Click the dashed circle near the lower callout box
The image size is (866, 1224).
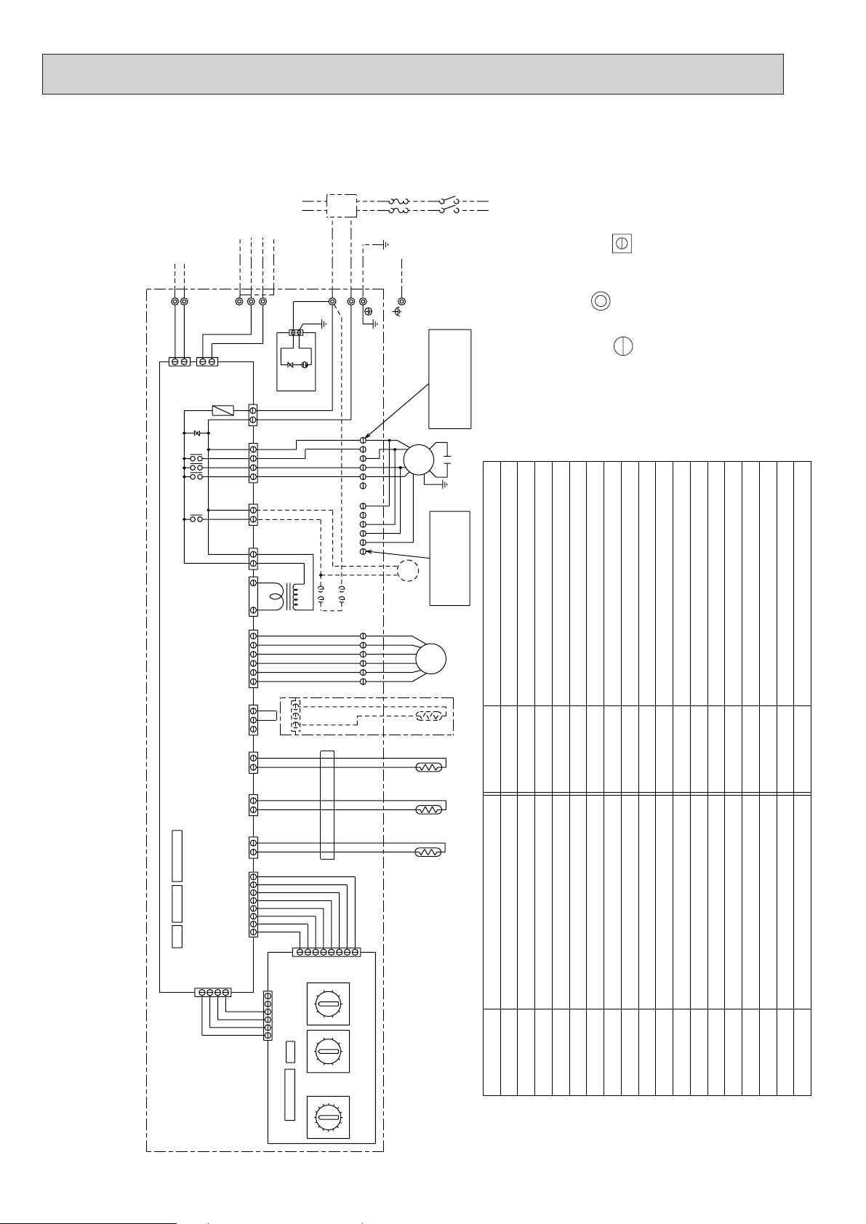coord(408,572)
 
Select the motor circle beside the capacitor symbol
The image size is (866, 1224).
coord(418,459)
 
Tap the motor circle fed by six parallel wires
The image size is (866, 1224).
coord(430,659)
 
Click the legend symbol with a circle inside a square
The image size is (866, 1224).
coord(622,244)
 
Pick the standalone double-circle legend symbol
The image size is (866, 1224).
coord(601,301)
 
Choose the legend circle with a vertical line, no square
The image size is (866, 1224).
coord(622,346)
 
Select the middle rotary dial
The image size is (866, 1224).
coord(328,1051)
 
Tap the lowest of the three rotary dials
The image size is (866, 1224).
coord(328,1117)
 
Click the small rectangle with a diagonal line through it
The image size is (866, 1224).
coord(222,410)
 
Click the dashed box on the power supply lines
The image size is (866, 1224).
coord(341,205)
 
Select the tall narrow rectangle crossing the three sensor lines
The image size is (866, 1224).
coord(326,804)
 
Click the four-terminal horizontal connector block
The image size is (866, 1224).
coord(213,992)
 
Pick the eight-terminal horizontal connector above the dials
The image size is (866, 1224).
coord(326,951)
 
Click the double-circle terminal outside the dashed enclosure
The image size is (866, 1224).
coord(401,301)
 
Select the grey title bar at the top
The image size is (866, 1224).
coord(412,73)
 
